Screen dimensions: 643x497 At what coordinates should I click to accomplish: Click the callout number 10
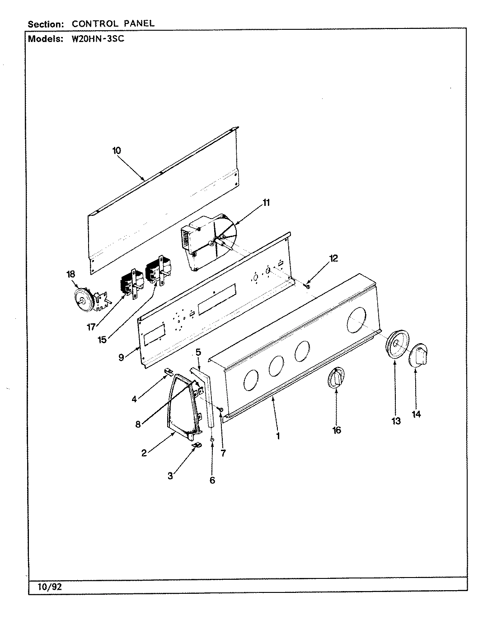pyautogui.click(x=117, y=150)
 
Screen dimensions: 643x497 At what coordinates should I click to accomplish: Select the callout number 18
pyautogui.click(x=71, y=274)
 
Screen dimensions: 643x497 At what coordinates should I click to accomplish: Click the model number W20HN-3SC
pyautogui.click(x=95, y=39)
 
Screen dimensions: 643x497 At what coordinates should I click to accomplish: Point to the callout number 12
pyautogui.click(x=333, y=258)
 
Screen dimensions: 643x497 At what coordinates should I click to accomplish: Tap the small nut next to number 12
pyautogui.click(x=308, y=285)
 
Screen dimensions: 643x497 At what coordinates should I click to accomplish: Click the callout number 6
pyautogui.click(x=212, y=480)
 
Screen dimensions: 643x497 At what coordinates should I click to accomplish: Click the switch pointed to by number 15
pyautogui.click(x=155, y=271)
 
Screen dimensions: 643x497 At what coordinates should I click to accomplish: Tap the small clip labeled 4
pyautogui.click(x=168, y=371)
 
